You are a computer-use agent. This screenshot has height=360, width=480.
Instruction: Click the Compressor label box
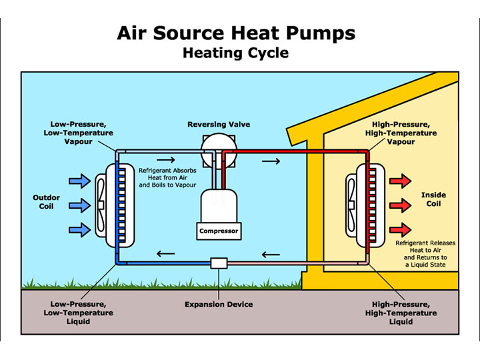pyautogui.click(x=219, y=231)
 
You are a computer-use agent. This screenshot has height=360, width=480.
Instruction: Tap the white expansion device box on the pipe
pyautogui.click(x=219, y=263)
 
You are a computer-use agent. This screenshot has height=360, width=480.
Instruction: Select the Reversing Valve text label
pyautogui.click(x=219, y=124)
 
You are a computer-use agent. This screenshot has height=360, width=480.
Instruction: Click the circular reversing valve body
pyautogui.click(x=219, y=151)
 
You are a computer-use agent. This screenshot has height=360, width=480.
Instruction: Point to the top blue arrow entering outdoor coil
pyautogui.click(x=79, y=181)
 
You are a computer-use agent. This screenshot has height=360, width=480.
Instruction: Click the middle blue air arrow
pyautogui.click(x=79, y=205)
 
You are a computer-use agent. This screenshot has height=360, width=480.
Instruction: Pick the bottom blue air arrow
pyautogui.click(x=79, y=229)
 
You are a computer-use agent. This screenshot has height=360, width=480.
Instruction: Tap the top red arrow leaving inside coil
pyautogui.click(x=400, y=181)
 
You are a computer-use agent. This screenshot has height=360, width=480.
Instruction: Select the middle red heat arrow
pyautogui.click(x=400, y=205)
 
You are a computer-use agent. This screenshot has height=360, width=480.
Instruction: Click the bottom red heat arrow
pyautogui.click(x=400, y=229)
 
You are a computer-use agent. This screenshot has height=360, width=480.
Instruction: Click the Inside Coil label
pyautogui.click(x=433, y=199)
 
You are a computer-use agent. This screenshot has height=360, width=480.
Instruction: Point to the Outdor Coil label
pyautogui.click(x=46, y=202)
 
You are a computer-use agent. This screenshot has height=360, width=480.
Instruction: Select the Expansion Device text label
pyautogui.click(x=219, y=304)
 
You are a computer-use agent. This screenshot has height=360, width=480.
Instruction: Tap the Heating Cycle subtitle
pyautogui.click(x=236, y=53)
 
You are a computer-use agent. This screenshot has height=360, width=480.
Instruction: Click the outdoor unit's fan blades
pyautogui.click(x=101, y=205)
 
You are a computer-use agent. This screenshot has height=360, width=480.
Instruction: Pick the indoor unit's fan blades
pyautogui.click(x=351, y=205)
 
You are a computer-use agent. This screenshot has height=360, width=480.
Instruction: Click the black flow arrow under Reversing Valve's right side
pyautogui.click(x=271, y=161)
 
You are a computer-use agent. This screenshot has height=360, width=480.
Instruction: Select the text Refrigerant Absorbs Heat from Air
pyautogui.click(x=167, y=174)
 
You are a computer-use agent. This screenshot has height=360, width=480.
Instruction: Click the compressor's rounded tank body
pyautogui.click(x=219, y=206)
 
